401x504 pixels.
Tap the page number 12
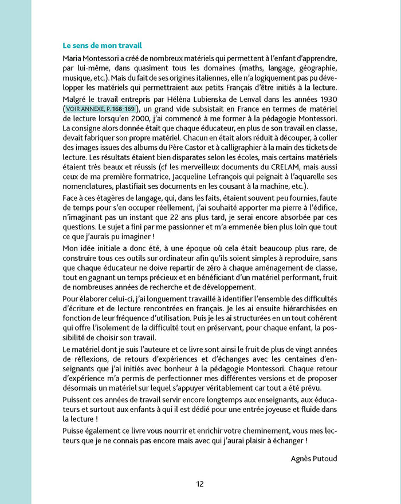coord(200,483)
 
